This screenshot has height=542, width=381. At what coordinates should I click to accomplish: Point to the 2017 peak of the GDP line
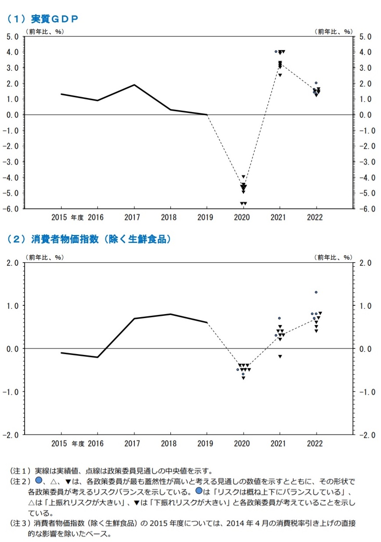tap(134, 85)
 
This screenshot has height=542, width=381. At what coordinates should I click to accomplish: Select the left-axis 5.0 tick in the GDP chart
tap(12, 36)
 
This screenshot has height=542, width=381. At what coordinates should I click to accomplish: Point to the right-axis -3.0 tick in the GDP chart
tap(367, 162)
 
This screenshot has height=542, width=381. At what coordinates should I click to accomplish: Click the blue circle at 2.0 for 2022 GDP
tap(316, 83)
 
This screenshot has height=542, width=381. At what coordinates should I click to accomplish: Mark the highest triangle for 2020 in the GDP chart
tap(243, 177)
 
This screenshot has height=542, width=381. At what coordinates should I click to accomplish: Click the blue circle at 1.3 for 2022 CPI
tap(316, 292)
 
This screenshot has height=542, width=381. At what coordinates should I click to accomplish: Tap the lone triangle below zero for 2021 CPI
tap(280, 356)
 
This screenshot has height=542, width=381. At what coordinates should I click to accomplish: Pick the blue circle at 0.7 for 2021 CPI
tap(279, 318)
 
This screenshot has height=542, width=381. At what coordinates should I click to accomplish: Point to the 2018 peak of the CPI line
tap(170, 314)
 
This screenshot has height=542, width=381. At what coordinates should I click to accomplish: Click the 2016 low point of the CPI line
tap(97, 357)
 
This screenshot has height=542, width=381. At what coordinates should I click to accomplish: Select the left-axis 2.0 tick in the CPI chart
tap(14, 263)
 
